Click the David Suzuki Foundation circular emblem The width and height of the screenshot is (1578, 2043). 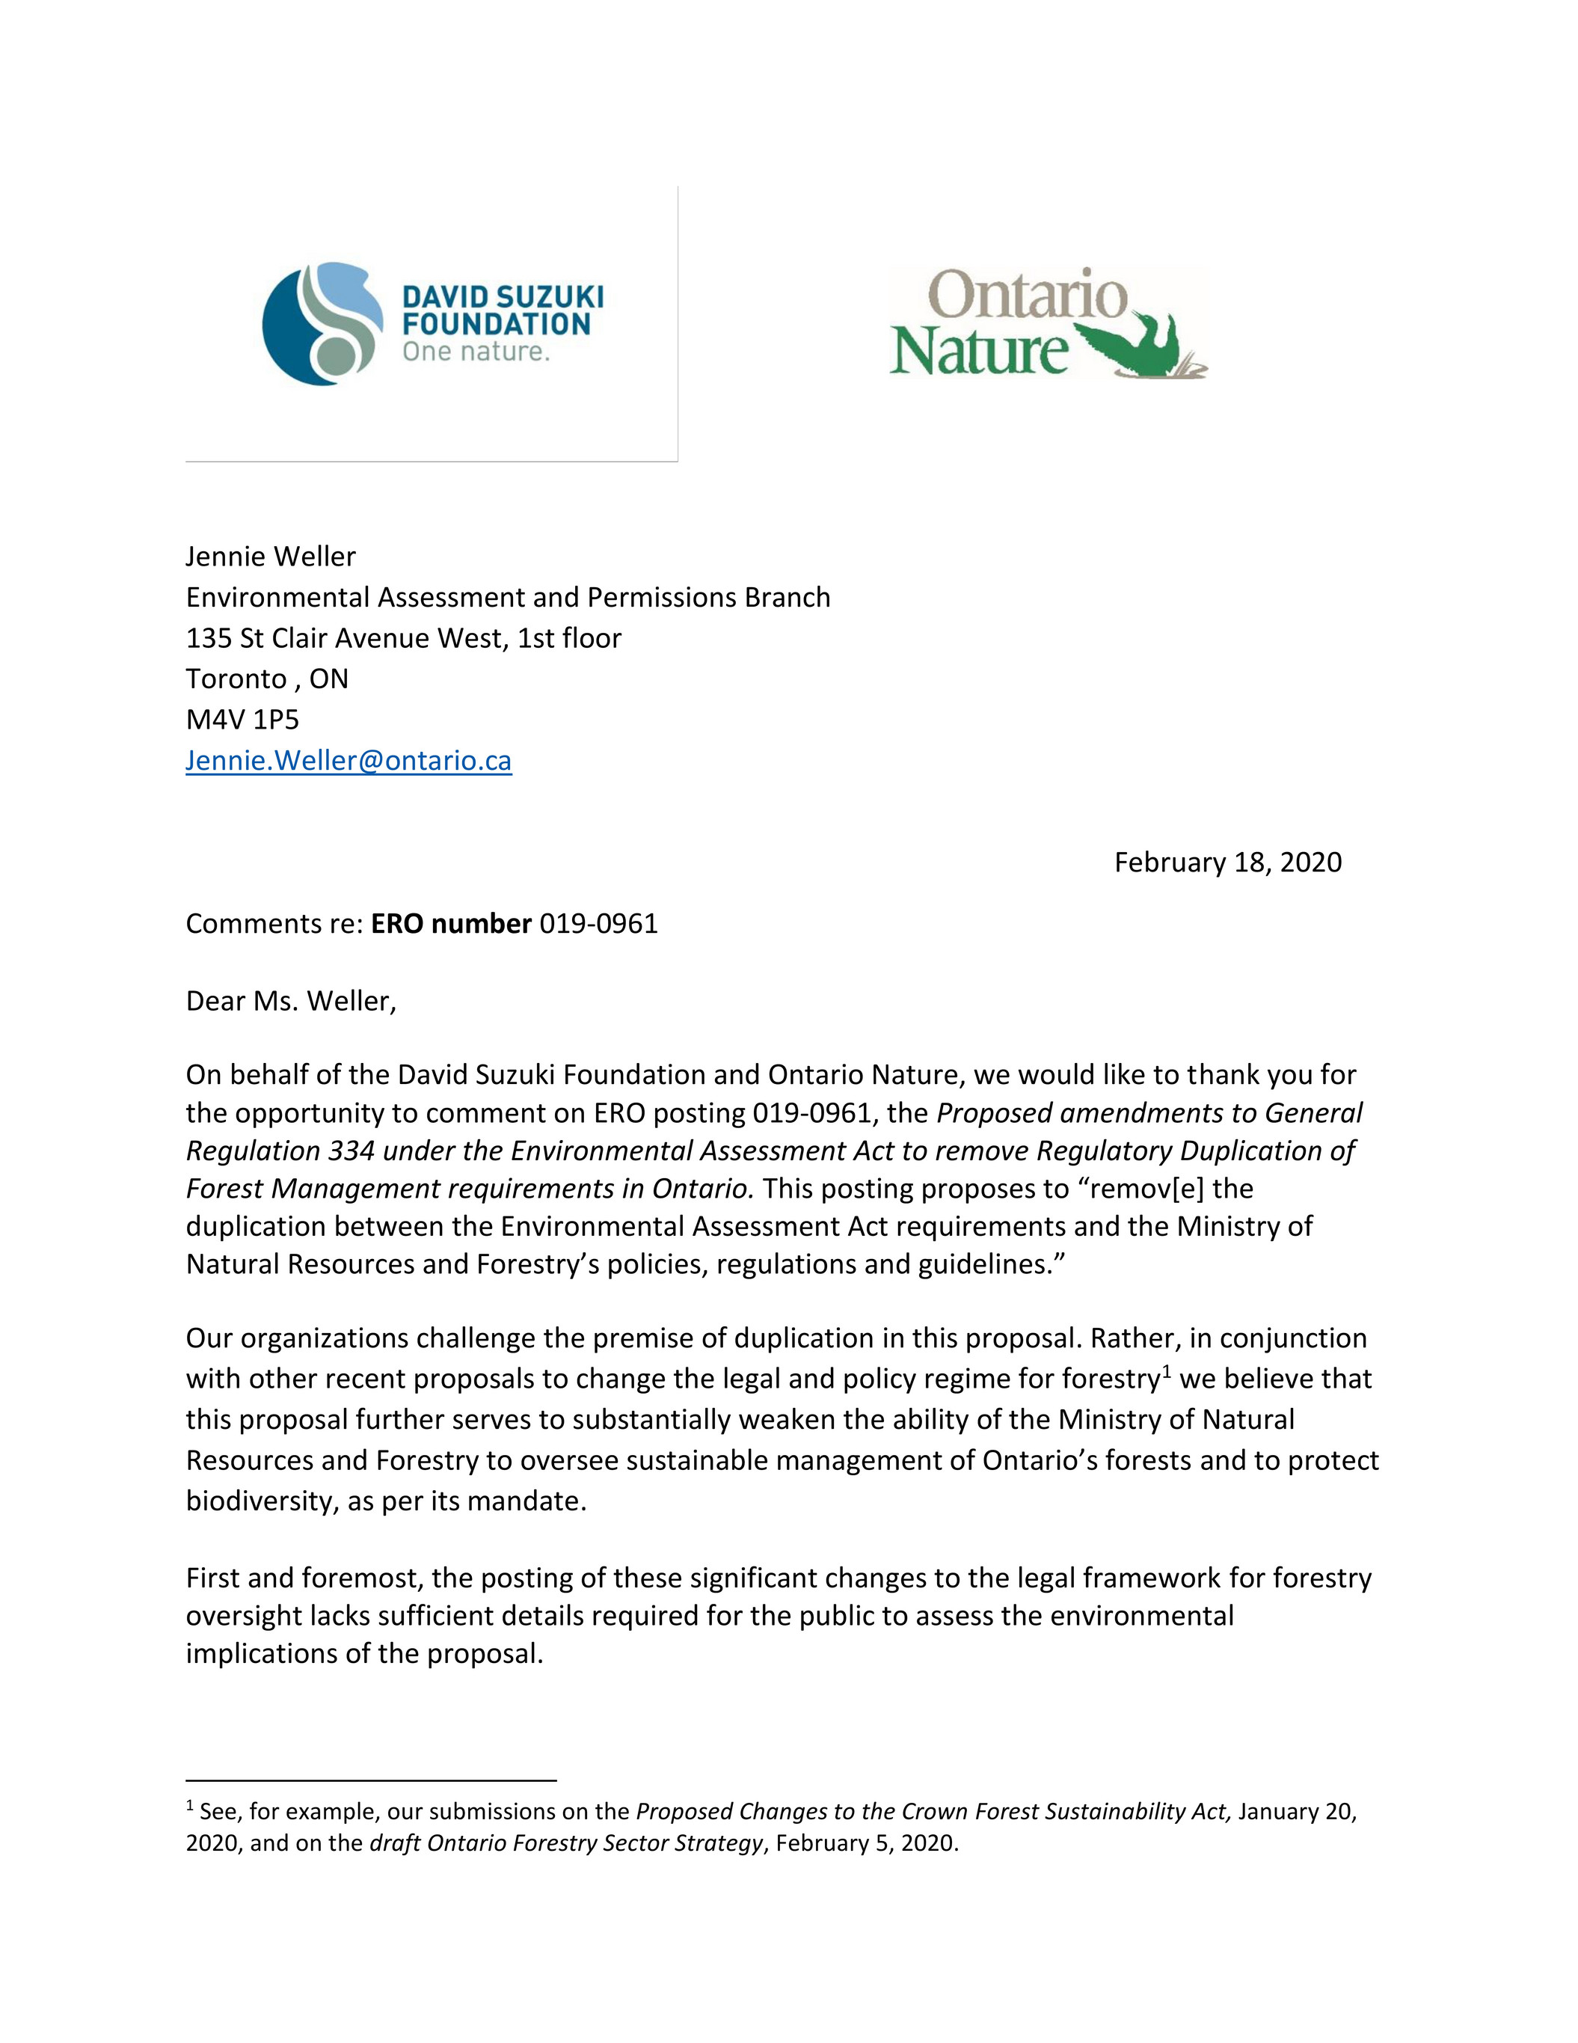point(322,324)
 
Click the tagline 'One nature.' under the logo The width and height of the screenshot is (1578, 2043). point(475,352)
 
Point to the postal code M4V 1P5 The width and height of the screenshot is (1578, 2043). point(242,720)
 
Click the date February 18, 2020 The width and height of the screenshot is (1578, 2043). point(1227,862)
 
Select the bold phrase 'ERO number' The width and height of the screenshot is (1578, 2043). point(451,923)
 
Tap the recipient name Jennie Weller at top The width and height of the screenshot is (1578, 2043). point(270,557)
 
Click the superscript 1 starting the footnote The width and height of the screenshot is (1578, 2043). point(190,1805)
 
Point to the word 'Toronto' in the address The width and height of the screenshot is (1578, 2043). point(236,679)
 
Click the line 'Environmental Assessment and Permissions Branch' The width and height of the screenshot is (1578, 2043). point(508,597)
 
